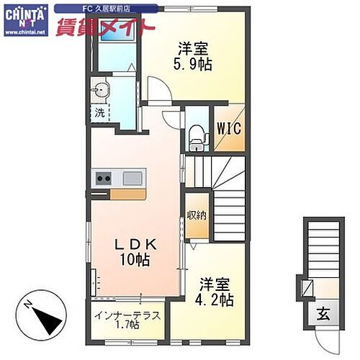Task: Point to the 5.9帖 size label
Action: coord(194,64)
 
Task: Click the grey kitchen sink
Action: coord(134,178)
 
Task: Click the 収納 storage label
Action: coord(196,214)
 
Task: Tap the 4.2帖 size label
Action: coord(216,298)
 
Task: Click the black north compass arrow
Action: coord(45,316)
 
